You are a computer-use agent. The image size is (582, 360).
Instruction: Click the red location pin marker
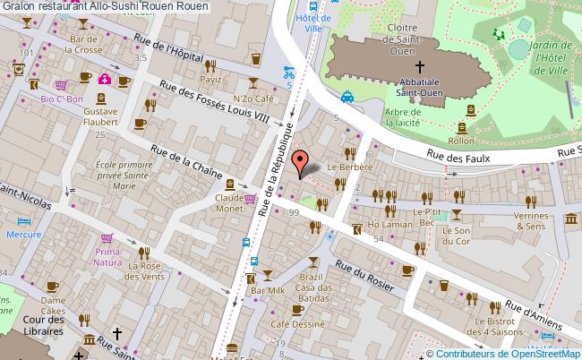[x=301, y=162]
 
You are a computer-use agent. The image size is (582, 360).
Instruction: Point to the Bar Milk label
[x=268, y=291]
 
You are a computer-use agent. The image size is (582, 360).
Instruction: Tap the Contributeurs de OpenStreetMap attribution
[x=508, y=352]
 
